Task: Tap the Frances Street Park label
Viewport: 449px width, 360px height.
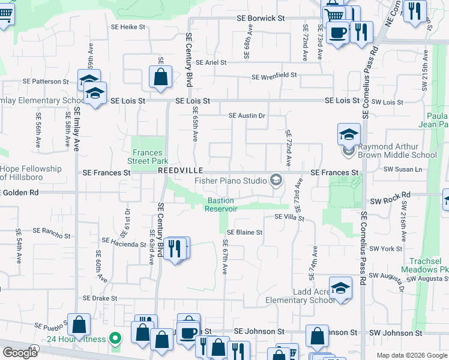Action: coord(148,157)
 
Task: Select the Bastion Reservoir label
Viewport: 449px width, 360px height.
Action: coord(221,205)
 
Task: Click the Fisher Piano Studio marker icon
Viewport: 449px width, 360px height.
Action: coord(277,180)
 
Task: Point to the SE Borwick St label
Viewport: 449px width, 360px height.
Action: coord(260,19)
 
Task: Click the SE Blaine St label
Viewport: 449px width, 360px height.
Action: coord(245,232)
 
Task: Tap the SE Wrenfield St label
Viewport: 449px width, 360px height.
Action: coord(274,76)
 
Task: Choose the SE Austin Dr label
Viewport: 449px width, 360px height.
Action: coord(247,115)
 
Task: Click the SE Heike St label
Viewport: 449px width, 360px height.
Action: coord(128,27)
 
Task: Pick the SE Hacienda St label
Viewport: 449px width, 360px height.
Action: coord(124,242)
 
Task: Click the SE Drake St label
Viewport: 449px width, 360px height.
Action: coord(100,298)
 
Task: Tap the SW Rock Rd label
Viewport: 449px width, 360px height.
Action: coord(390,195)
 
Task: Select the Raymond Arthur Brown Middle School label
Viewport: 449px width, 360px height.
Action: coord(397,151)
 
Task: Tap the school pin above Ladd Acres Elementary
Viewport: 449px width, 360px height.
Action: coord(340,288)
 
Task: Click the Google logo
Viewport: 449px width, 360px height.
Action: coord(20,353)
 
